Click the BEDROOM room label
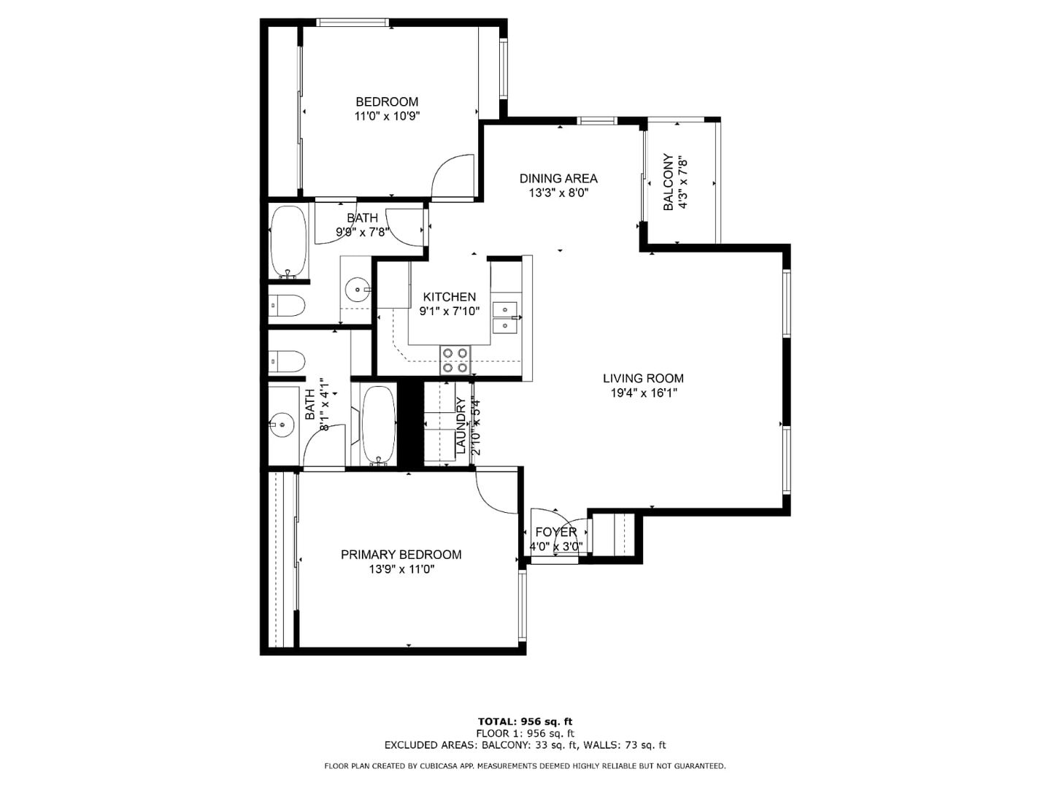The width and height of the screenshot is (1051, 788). (x=387, y=102)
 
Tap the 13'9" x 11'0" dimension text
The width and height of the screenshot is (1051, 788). (x=401, y=569)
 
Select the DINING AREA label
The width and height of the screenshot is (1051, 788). (x=558, y=179)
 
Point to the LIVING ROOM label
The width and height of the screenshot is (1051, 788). (x=643, y=379)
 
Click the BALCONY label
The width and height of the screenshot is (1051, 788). (x=668, y=182)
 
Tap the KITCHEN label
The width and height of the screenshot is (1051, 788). (x=450, y=297)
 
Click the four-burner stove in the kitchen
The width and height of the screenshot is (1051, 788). (x=455, y=360)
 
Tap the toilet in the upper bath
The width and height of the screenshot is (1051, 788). (x=286, y=305)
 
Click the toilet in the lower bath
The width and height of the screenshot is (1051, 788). (x=286, y=361)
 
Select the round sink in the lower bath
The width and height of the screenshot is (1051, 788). (x=281, y=422)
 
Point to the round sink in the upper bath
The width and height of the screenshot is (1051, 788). (x=358, y=290)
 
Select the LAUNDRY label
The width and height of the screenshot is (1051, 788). (x=461, y=425)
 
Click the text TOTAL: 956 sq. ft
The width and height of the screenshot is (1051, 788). (x=525, y=722)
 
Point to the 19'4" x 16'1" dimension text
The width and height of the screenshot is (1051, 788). (x=643, y=393)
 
